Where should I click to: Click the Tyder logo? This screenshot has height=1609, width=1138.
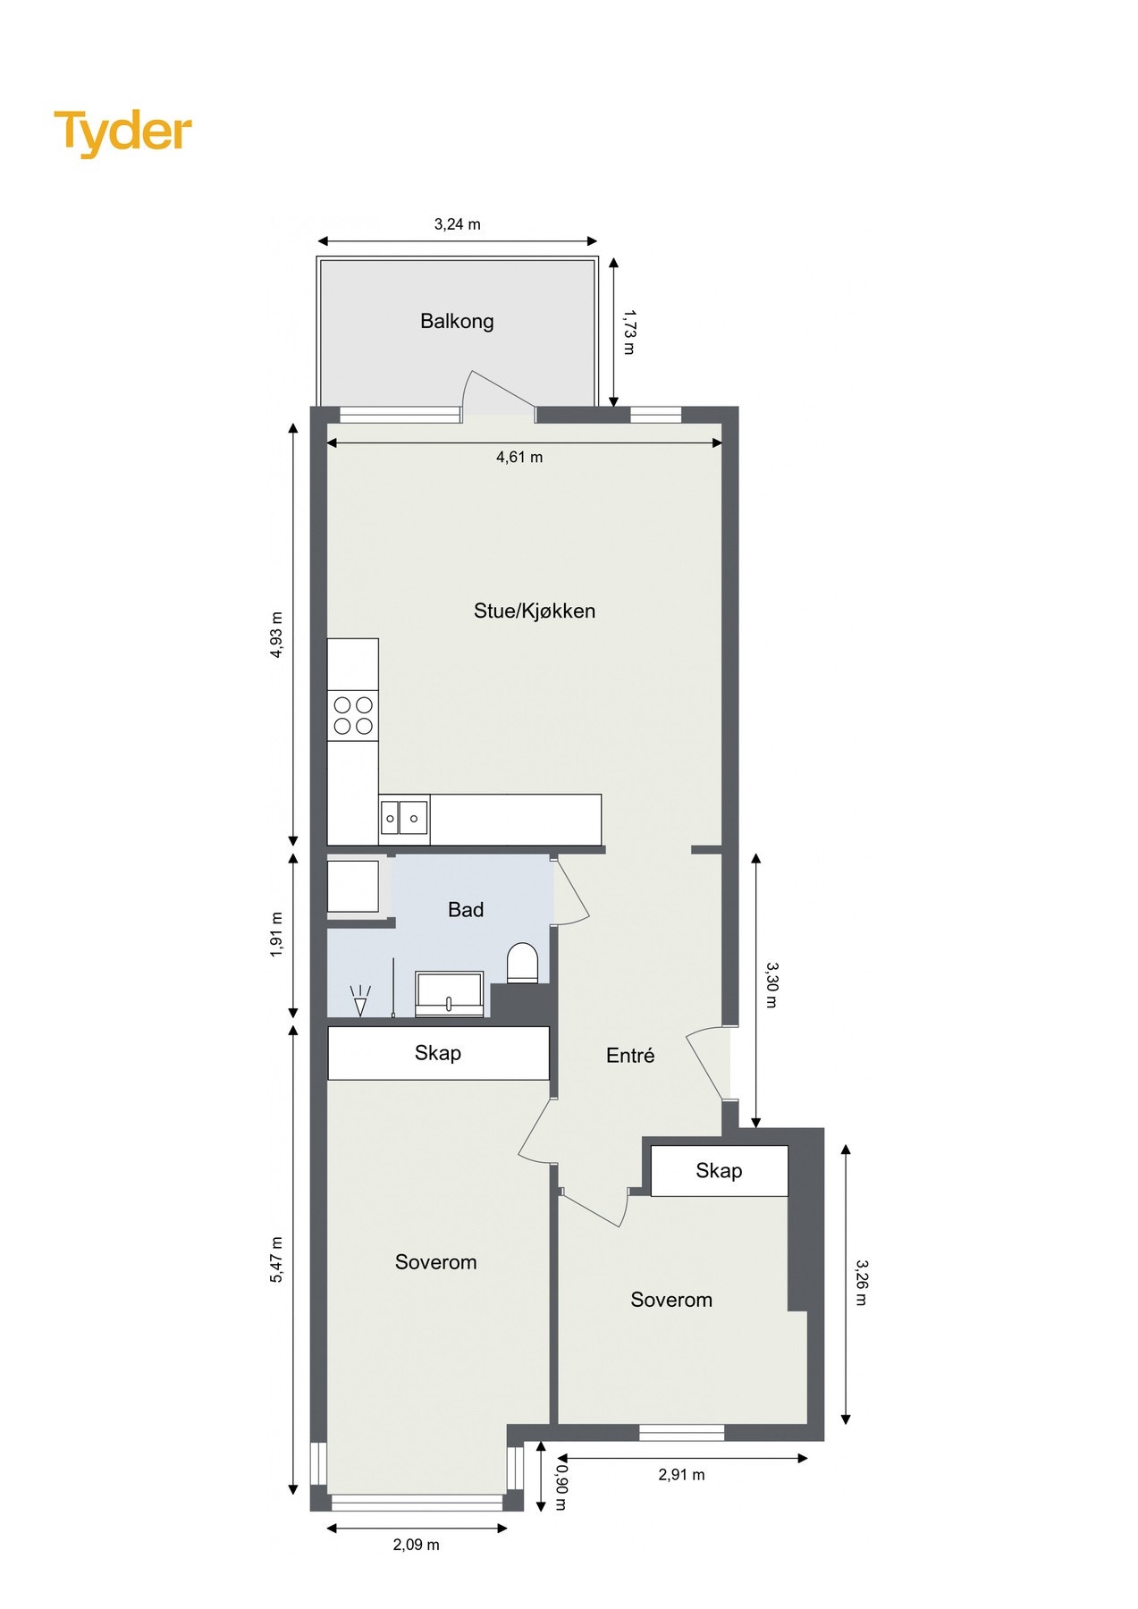pyautogui.click(x=122, y=132)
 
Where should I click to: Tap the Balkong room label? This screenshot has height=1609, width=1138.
pyautogui.click(x=457, y=321)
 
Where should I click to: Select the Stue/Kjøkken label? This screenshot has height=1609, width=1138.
pyautogui.click(x=534, y=611)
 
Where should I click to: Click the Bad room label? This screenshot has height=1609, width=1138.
pyautogui.click(x=465, y=909)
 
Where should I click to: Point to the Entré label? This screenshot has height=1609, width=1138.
pyautogui.click(x=629, y=1056)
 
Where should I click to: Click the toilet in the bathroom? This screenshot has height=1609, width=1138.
pyautogui.click(x=522, y=964)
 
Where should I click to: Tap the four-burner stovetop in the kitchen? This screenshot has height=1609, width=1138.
pyautogui.click(x=353, y=715)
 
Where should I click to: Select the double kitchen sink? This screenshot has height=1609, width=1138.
pyautogui.click(x=403, y=818)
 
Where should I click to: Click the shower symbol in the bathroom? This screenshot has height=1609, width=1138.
pyautogui.click(x=360, y=1000)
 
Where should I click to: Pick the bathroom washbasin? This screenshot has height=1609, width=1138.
pyautogui.click(x=450, y=994)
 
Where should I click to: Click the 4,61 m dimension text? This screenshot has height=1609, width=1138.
pyautogui.click(x=519, y=458)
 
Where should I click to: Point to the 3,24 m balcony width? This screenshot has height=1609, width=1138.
pyautogui.click(x=457, y=224)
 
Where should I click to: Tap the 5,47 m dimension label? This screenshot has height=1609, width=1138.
pyautogui.click(x=276, y=1259)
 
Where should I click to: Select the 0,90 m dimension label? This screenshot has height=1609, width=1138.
pyautogui.click(x=561, y=1486)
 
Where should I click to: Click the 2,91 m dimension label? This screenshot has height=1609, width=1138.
pyautogui.click(x=681, y=1475)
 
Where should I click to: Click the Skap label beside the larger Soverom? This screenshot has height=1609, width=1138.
pyautogui.click(x=437, y=1053)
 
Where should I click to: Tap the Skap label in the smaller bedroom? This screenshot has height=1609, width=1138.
pyautogui.click(x=719, y=1171)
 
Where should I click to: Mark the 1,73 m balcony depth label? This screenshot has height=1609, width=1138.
pyautogui.click(x=629, y=333)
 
